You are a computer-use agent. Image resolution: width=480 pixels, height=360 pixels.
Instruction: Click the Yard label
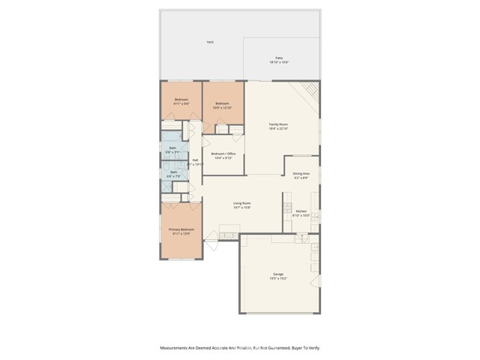point(210,42)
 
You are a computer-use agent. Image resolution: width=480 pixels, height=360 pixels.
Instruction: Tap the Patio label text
point(279,58)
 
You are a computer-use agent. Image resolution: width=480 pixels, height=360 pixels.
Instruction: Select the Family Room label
point(279,124)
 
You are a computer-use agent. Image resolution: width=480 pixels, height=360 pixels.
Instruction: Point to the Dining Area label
point(301,173)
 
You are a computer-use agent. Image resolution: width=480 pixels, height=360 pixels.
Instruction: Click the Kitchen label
point(301,211)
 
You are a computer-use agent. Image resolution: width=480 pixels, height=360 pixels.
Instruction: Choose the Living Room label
point(241,203)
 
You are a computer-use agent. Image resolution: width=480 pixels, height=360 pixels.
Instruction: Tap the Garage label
point(278,274)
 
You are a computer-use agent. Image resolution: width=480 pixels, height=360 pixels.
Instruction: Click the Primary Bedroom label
point(181,229)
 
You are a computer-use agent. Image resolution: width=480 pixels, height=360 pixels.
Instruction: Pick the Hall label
point(195,160)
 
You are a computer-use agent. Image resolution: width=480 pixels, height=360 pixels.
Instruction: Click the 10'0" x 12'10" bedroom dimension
point(223,108)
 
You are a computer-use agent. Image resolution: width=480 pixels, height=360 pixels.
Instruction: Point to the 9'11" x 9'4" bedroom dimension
point(181,104)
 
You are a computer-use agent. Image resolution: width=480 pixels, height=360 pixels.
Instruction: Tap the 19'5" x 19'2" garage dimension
point(278,279)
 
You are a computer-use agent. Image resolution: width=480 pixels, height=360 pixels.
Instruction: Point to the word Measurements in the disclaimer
point(177,348)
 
